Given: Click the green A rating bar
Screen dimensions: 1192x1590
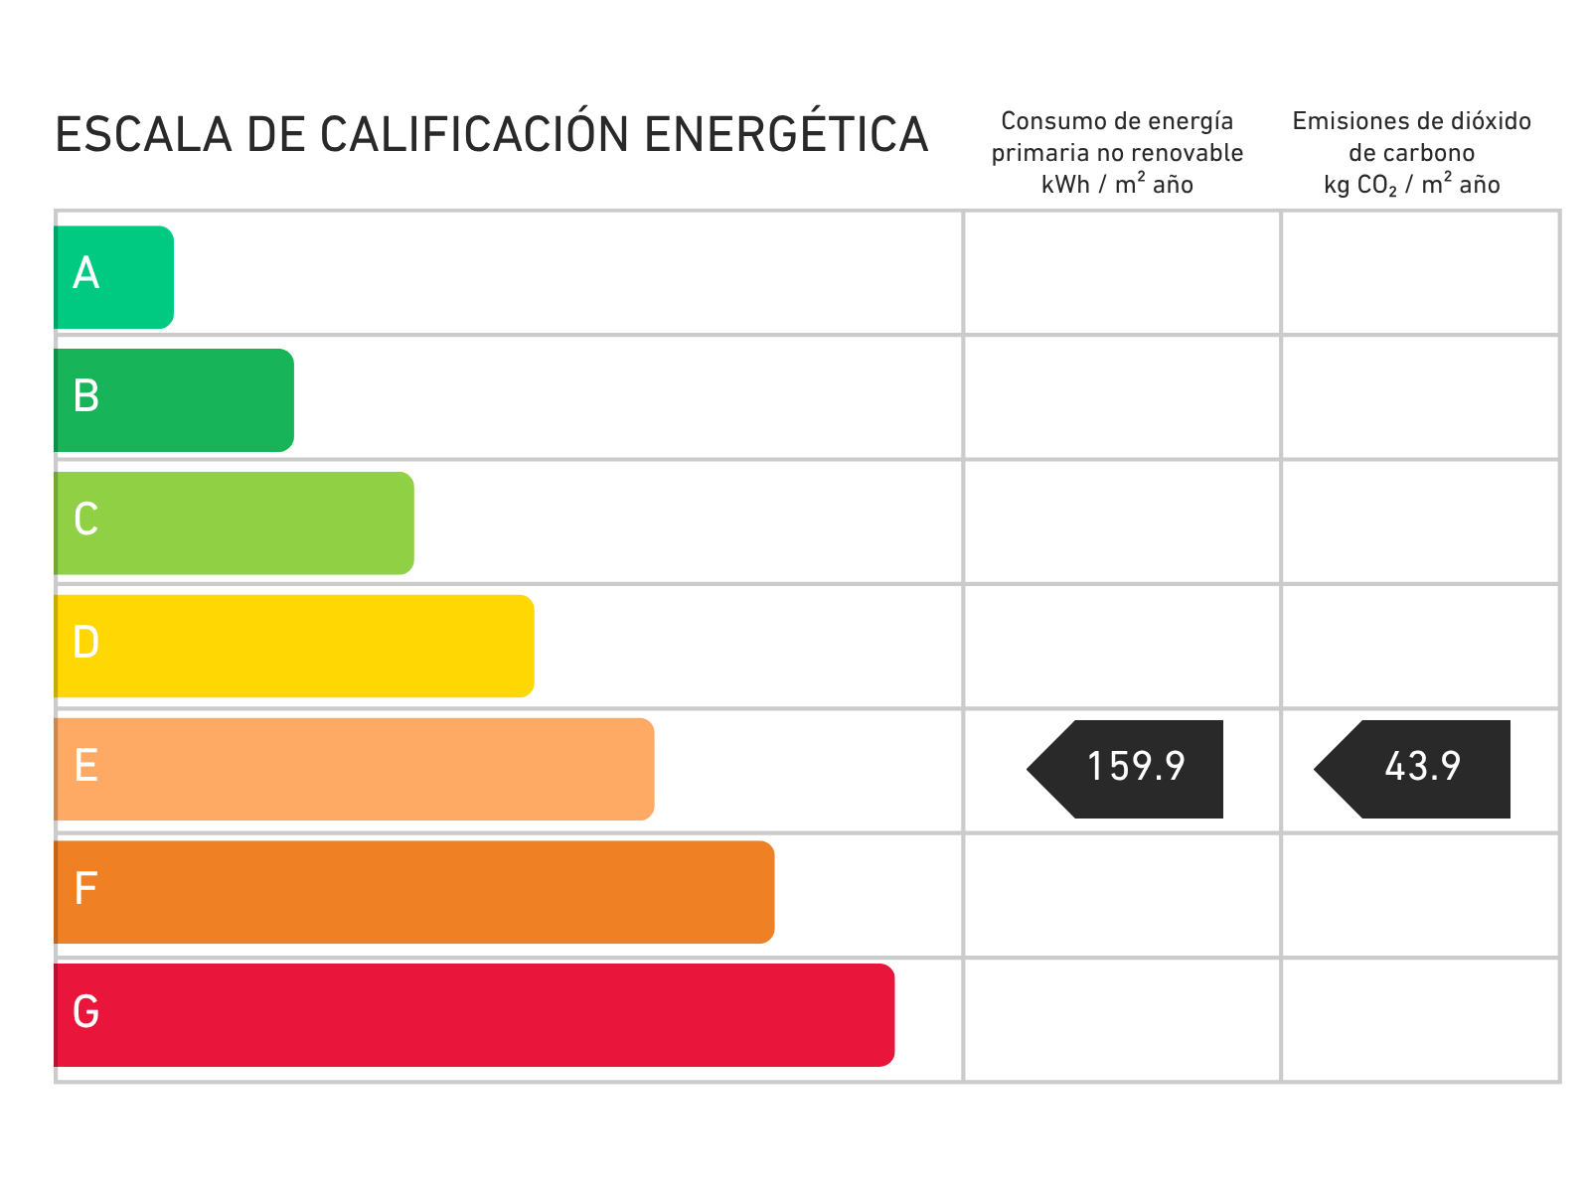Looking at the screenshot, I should [114, 277].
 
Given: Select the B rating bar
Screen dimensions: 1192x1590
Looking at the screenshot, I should [174, 400].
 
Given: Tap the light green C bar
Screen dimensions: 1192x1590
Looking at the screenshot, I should [235, 523].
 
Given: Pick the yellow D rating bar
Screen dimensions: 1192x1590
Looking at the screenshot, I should [294, 647].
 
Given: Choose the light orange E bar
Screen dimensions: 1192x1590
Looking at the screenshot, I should [355, 770].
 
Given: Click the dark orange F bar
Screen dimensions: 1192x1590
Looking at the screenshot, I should [414, 892].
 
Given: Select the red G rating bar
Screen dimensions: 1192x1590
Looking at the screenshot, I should [475, 1015].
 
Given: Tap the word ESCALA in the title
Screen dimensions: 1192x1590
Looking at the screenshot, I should [143, 135].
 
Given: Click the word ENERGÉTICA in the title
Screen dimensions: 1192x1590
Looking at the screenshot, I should [786, 135].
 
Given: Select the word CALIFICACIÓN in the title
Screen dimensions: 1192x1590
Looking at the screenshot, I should [474, 135].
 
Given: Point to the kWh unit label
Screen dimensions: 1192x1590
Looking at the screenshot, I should [1065, 185].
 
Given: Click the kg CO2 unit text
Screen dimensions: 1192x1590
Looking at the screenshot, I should [1359, 186].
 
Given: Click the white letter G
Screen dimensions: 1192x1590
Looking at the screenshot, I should [86, 1012].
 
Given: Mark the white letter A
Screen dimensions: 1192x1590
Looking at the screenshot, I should [86, 273].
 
